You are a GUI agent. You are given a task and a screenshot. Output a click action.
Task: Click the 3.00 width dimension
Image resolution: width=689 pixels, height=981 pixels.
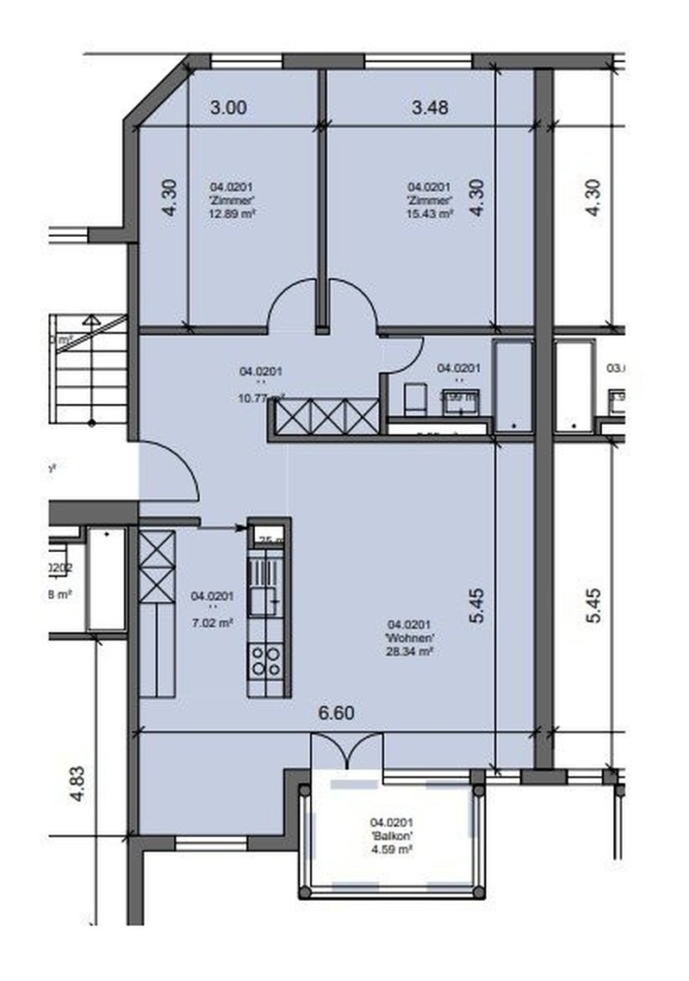pyautogui.click(x=229, y=108)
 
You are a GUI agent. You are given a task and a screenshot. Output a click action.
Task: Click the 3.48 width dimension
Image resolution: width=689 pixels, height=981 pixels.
pyautogui.click(x=431, y=108)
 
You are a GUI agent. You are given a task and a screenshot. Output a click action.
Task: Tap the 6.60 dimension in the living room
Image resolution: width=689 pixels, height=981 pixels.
pyautogui.click(x=336, y=713)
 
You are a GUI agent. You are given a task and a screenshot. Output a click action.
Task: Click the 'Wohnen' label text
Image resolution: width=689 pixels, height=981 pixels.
pyautogui.click(x=410, y=638)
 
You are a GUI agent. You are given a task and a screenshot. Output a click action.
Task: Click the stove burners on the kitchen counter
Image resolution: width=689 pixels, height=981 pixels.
pyautogui.click(x=265, y=661)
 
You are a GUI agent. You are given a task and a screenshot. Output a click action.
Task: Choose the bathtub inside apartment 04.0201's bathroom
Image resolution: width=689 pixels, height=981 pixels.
pyautogui.click(x=513, y=386)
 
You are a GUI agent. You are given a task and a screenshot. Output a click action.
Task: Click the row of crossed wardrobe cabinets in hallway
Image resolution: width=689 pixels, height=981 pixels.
pyautogui.click(x=325, y=417)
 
